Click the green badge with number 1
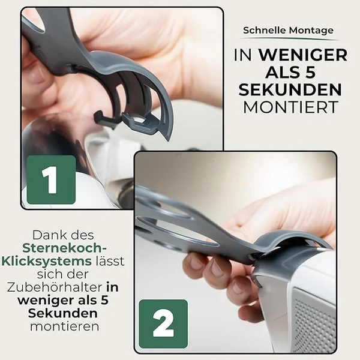pos(51,179)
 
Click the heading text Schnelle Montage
pos(288,30)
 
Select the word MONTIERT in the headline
pos(288,107)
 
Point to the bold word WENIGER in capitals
pos(303,55)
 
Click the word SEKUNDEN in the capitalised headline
pos(290,90)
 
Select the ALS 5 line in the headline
pos(290,73)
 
